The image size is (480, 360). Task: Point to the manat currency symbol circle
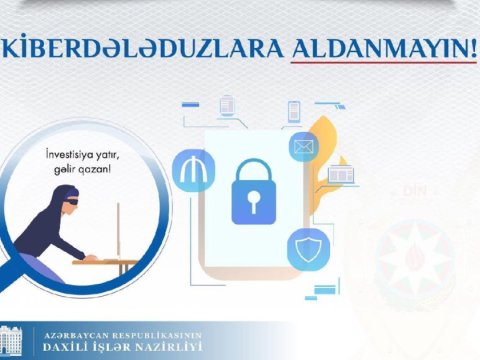coord(193,171)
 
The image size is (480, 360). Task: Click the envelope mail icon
coord(303,147)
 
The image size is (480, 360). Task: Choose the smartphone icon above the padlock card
coord(294,111)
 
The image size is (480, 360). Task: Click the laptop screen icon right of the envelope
coord(340,176)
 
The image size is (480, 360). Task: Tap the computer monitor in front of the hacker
coord(118,228)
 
